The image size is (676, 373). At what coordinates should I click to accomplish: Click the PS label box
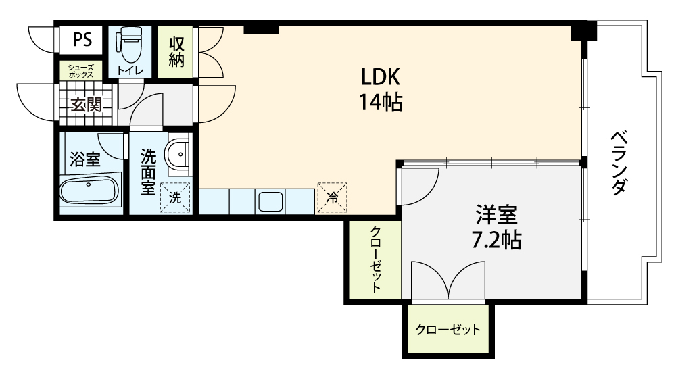tap(81, 40)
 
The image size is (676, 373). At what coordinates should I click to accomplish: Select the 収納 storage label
tap(176, 52)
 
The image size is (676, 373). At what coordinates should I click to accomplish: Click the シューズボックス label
tap(81, 71)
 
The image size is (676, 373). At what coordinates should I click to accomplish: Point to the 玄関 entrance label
tap(87, 105)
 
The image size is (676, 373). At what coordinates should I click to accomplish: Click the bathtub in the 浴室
tap(89, 191)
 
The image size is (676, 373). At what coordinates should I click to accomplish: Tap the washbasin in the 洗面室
tap(178, 154)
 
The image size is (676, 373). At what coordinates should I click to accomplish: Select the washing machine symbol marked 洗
tap(175, 198)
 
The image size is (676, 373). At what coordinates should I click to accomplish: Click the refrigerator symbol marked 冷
tap(332, 198)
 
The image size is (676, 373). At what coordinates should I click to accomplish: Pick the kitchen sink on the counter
tap(270, 201)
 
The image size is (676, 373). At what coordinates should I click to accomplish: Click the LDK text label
tap(380, 78)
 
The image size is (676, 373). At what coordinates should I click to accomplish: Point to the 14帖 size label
tap(381, 103)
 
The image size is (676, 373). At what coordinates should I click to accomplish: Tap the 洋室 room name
tap(497, 216)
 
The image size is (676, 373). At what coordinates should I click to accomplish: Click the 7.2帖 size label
tap(496, 241)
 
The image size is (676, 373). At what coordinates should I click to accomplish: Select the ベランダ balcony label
tap(619, 162)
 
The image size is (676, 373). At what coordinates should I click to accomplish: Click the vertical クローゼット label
tap(375, 259)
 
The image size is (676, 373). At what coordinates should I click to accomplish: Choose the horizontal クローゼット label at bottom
tap(448, 330)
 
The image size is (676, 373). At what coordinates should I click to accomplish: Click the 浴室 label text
tap(85, 159)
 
